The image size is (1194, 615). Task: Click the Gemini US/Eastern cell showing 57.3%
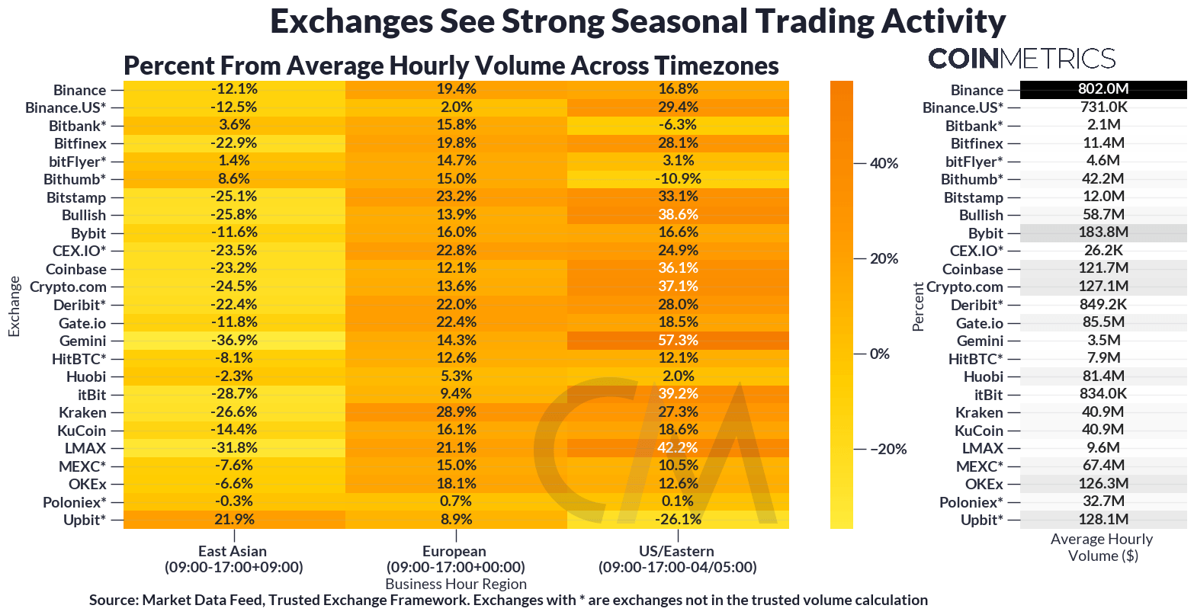click(678, 341)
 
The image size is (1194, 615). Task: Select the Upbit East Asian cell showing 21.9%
click(234, 520)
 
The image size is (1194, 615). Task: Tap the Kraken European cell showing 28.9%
click(456, 412)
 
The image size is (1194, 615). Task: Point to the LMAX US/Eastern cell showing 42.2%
click(678, 448)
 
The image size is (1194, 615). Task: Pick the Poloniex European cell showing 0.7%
click(456, 501)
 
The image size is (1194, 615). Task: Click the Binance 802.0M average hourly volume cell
click(1103, 89)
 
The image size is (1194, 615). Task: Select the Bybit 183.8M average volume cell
click(1103, 232)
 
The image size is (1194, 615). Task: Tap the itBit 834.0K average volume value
click(1103, 394)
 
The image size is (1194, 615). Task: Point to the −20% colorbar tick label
click(887, 449)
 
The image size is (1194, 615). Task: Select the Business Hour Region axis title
click(456, 585)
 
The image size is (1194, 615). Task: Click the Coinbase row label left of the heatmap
click(76, 269)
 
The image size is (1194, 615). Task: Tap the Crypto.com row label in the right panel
click(964, 287)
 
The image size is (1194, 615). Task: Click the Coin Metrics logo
click(1022, 59)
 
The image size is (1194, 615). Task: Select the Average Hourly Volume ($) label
click(1102, 547)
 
